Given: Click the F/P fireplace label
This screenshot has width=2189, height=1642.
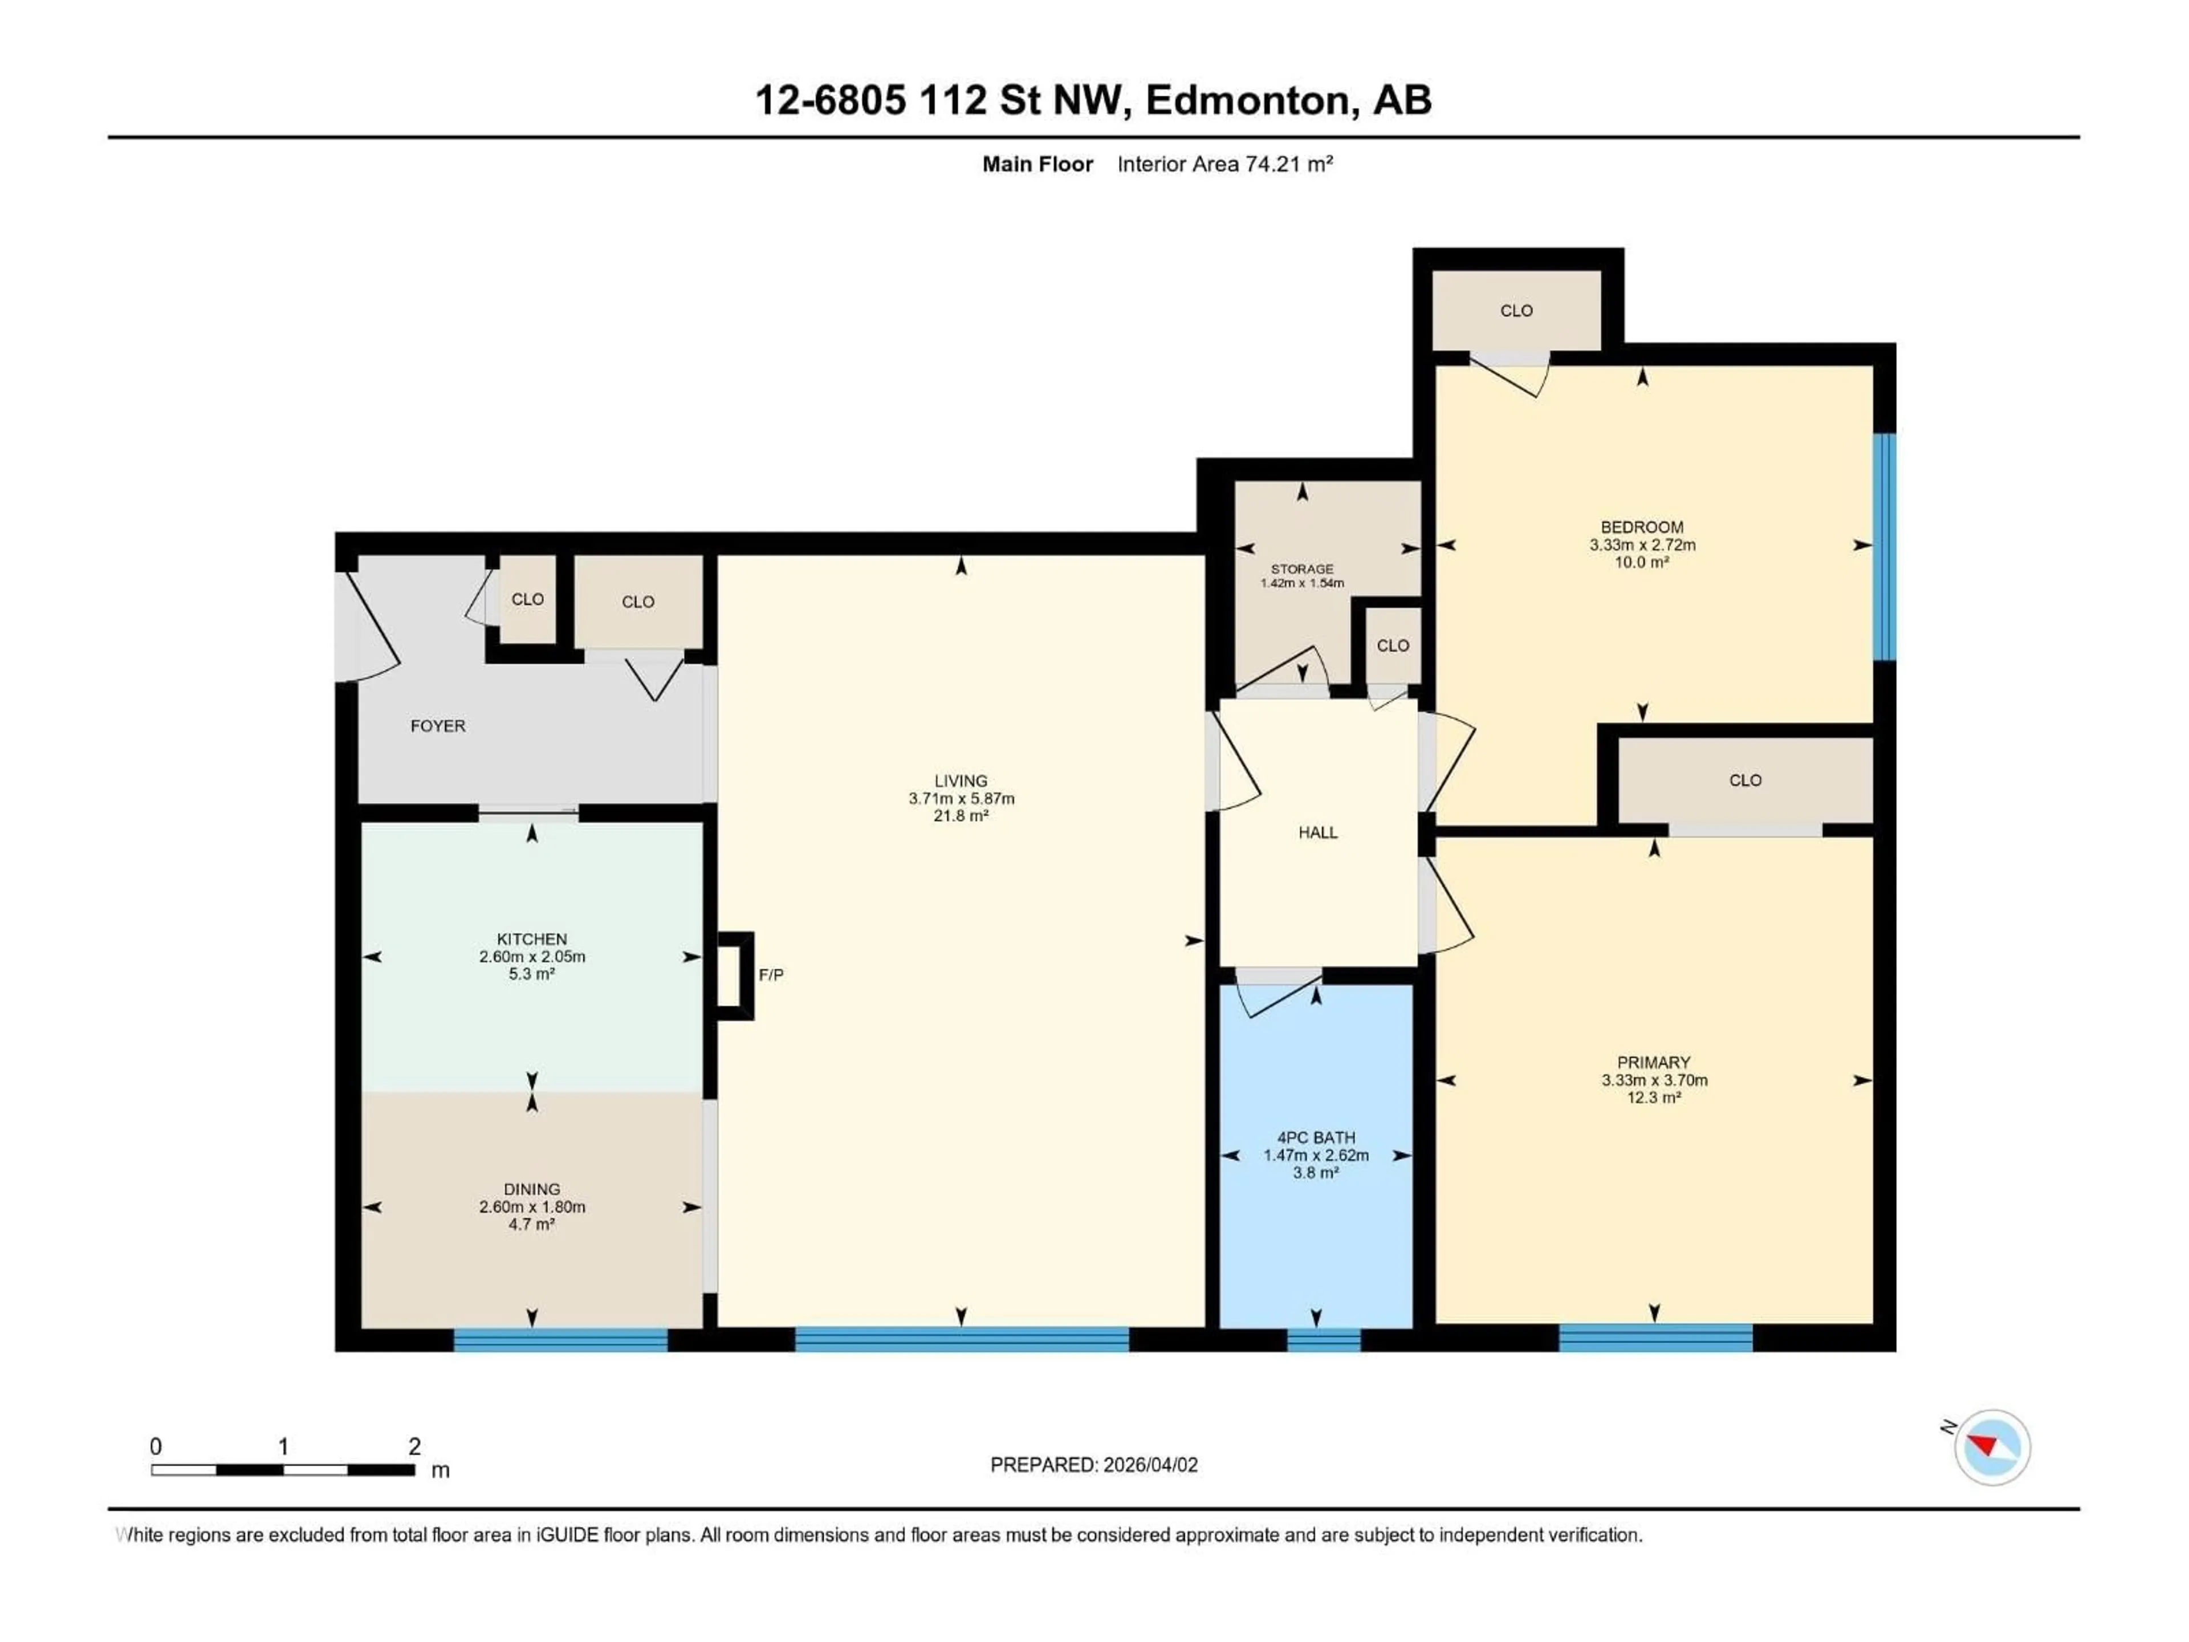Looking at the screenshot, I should pos(771,975).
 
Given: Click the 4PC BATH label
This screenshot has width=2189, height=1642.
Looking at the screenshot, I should pos(1315,1138).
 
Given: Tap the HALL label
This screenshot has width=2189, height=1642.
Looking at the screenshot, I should pos(1317,832).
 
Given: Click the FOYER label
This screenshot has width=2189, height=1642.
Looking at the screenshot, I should pos(437,725).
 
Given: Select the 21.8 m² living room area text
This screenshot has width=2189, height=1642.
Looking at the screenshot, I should pos(961,815).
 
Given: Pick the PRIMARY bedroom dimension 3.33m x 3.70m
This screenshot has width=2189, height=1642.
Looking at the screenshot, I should pos(1654,1080).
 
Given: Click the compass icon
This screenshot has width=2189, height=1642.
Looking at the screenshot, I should pos(1992,1447).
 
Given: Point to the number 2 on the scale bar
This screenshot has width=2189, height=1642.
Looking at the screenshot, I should pos(414,1446).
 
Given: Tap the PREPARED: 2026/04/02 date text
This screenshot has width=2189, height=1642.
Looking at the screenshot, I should pos(1093,1465).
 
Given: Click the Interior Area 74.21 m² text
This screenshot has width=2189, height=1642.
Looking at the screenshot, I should pos(1224,164).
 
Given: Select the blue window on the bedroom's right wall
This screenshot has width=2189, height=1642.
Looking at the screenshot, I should pos(1884,546).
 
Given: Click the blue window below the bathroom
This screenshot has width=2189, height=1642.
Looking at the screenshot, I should pos(1323,1339).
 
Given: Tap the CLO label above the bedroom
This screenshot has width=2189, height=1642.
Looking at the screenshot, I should pos(1516,311).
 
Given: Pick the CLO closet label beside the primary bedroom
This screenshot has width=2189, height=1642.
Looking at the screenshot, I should pos(1745,780).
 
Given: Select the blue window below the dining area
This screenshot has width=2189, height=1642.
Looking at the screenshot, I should pos(560,1339).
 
